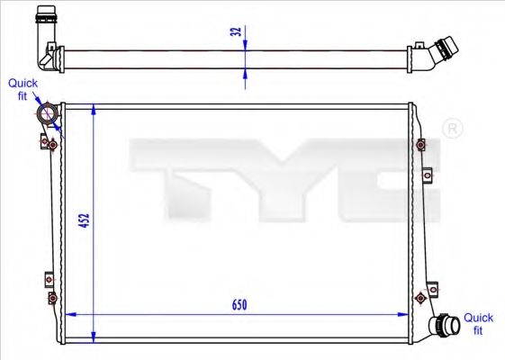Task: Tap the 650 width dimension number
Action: tap(239, 304)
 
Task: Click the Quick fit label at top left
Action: tap(23, 89)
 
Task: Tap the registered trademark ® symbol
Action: tap(454, 130)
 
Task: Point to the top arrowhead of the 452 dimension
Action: tap(94, 109)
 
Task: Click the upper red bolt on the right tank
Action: tap(421, 143)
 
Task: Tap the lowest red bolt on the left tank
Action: tap(52, 297)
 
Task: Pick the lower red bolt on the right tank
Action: tap(420, 296)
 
